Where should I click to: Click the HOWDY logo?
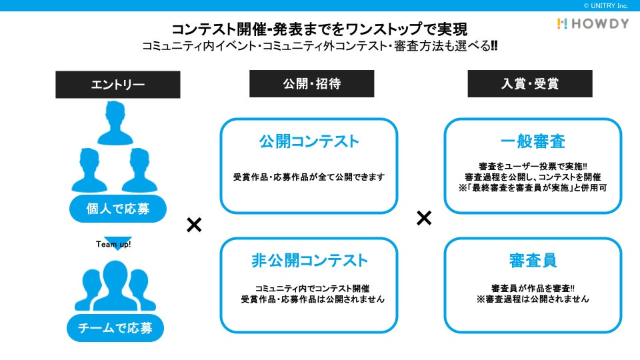[593, 23]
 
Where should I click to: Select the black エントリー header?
[117, 85]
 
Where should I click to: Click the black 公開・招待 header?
[311, 84]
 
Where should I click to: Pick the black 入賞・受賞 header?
[529, 84]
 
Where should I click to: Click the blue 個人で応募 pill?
[117, 209]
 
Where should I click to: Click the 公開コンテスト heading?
[309, 141]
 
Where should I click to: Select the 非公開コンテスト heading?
[309, 260]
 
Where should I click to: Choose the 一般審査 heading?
[533, 141]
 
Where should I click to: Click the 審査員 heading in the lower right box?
[533, 260]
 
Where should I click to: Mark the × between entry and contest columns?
[194, 225]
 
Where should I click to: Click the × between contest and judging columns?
[424, 218]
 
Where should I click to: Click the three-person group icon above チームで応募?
[115, 285]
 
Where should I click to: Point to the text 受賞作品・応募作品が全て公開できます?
[309, 177]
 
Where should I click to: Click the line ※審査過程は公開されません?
[533, 299]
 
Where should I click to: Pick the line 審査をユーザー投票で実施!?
[533, 165]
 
